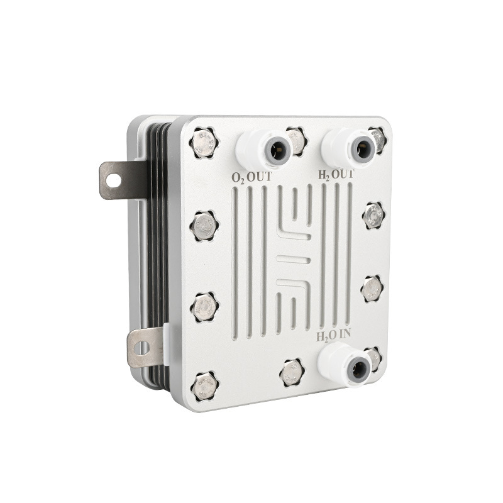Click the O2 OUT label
click(x=251, y=177)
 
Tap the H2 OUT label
click(x=336, y=175)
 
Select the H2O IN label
click(x=333, y=336)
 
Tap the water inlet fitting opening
click(x=359, y=369)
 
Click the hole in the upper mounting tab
click(x=113, y=180)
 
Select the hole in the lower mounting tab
click(x=142, y=348)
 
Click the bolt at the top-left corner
click(x=203, y=143)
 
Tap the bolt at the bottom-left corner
click(x=204, y=387)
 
